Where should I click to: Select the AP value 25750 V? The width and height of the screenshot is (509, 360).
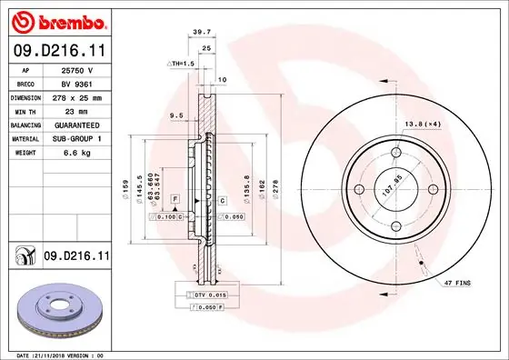pos(77,69)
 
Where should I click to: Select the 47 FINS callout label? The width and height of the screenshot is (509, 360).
pos(457,285)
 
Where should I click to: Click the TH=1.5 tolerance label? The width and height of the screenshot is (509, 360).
pos(182,63)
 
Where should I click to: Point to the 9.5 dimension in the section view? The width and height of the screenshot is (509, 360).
pos(176,115)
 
